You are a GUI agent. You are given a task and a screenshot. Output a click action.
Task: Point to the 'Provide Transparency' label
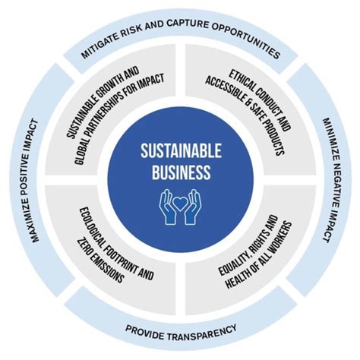(181, 328)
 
